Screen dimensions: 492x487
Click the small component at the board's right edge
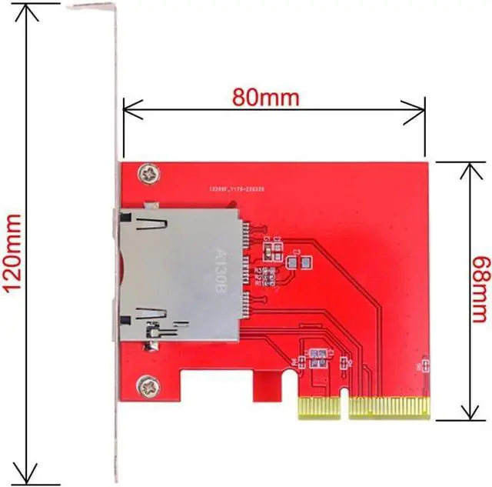(423, 366)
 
